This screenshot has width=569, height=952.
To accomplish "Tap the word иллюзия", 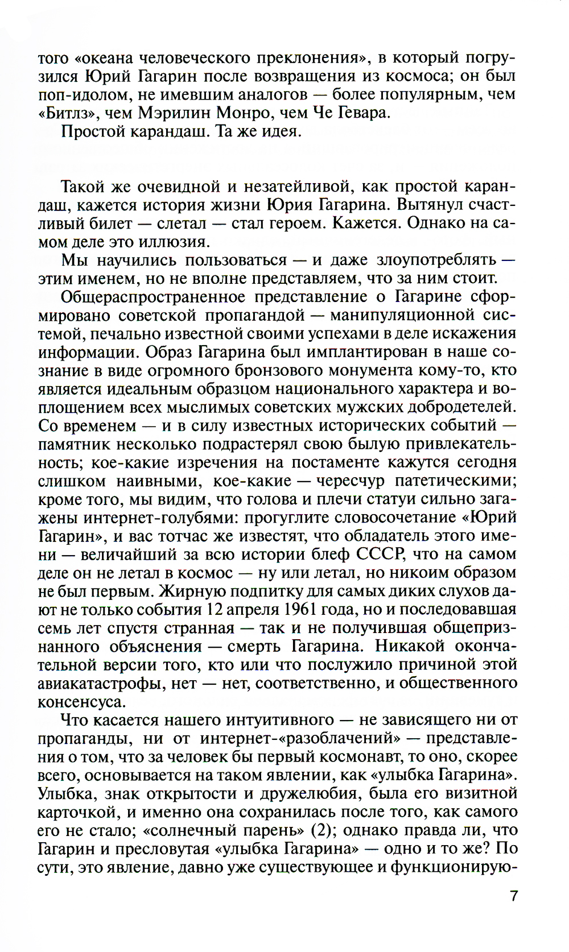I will pyautogui.click(x=177, y=241).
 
